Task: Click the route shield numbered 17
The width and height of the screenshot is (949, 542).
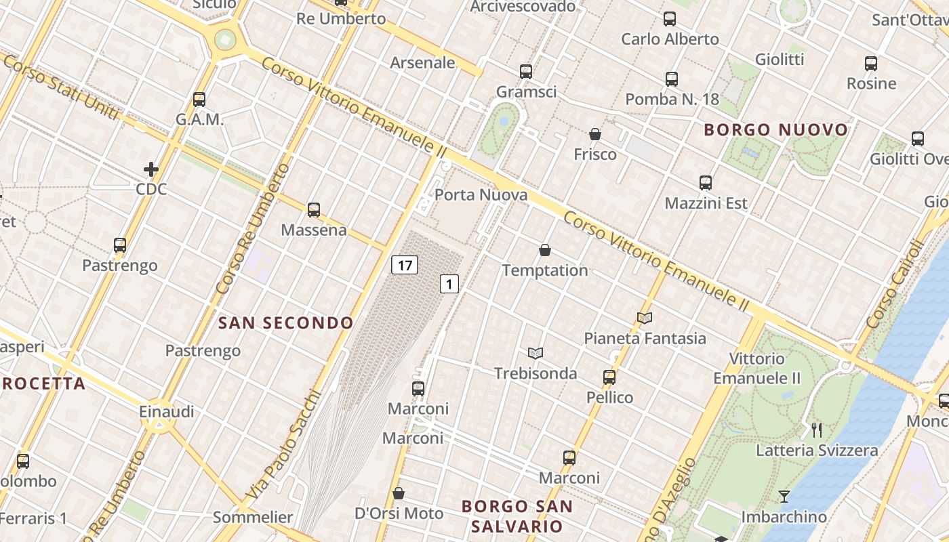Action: [x=405, y=265]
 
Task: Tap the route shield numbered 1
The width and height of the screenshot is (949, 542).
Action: [x=449, y=284]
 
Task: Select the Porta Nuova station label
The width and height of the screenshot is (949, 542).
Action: [x=481, y=195]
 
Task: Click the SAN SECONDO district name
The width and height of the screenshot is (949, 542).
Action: [x=286, y=323]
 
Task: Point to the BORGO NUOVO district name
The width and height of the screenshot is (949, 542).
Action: [x=776, y=130]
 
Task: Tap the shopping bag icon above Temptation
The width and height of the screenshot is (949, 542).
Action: [x=544, y=251]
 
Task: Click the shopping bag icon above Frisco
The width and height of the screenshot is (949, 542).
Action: [x=594, y=135]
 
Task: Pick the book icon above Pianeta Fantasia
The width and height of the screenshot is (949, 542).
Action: [x=645, y=318]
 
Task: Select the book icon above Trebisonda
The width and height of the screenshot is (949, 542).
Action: [x=536, y=354]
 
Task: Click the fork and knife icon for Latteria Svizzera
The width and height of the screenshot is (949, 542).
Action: [x=817, y=430]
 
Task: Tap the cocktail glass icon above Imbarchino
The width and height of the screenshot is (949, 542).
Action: [x=784, y=497]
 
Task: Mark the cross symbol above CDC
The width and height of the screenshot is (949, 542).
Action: [x=151, y=169]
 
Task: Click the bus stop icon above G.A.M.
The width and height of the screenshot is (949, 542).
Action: [x=199, y=100]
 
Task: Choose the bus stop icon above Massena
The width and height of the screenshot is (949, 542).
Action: [x=313, y=210]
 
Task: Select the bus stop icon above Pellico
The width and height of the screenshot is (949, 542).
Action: [x=609, y=377]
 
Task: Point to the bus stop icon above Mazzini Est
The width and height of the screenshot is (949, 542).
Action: [x=706, y=183]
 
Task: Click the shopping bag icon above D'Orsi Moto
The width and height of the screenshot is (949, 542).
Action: [x=399, y=493]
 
